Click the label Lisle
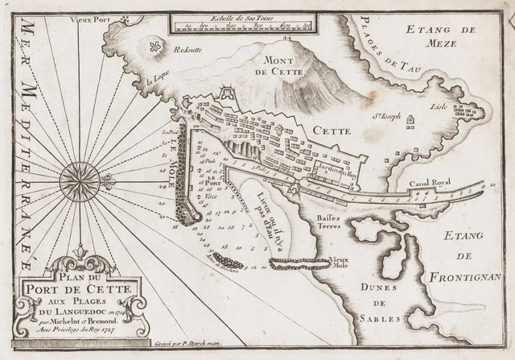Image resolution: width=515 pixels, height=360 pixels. click(437, 104)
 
